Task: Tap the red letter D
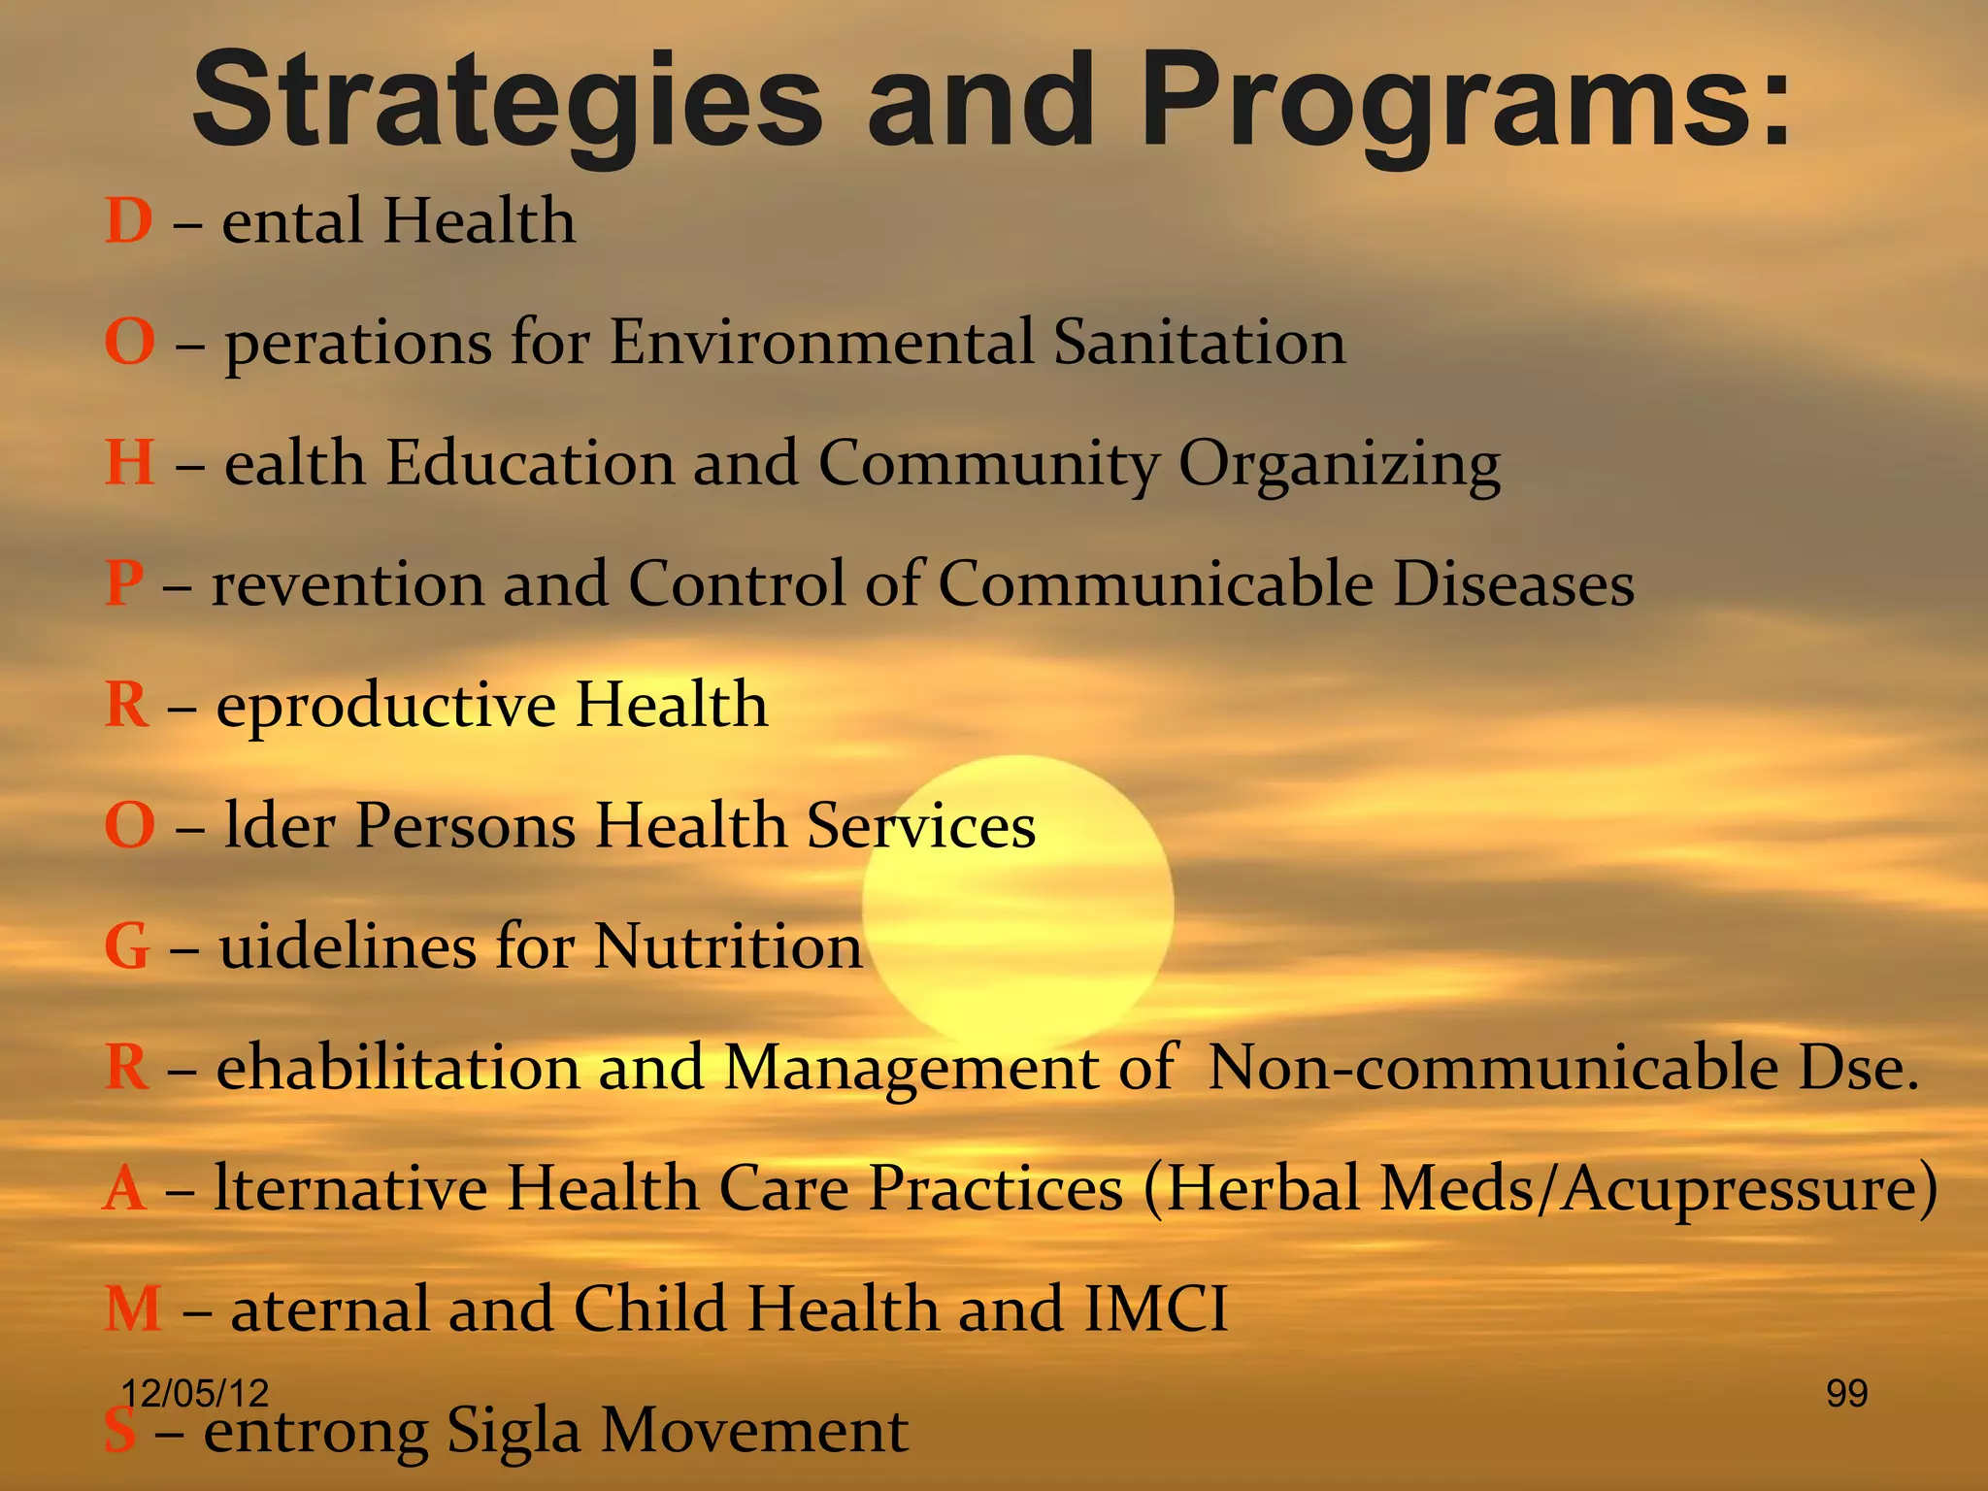[129, 221]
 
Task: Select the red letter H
[130, 463]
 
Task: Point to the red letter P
[124, 584]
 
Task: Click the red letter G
[127, 947]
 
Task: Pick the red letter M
[133, 1309]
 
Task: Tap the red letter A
[125, 1189]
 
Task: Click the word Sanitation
[1200, 343]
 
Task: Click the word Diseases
[1513, 584]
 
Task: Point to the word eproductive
[385, 707]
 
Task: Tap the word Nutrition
[728, 946]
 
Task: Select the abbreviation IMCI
[1155, 1309]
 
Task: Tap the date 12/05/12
[195, 1394]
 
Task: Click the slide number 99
[1846, 1394]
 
